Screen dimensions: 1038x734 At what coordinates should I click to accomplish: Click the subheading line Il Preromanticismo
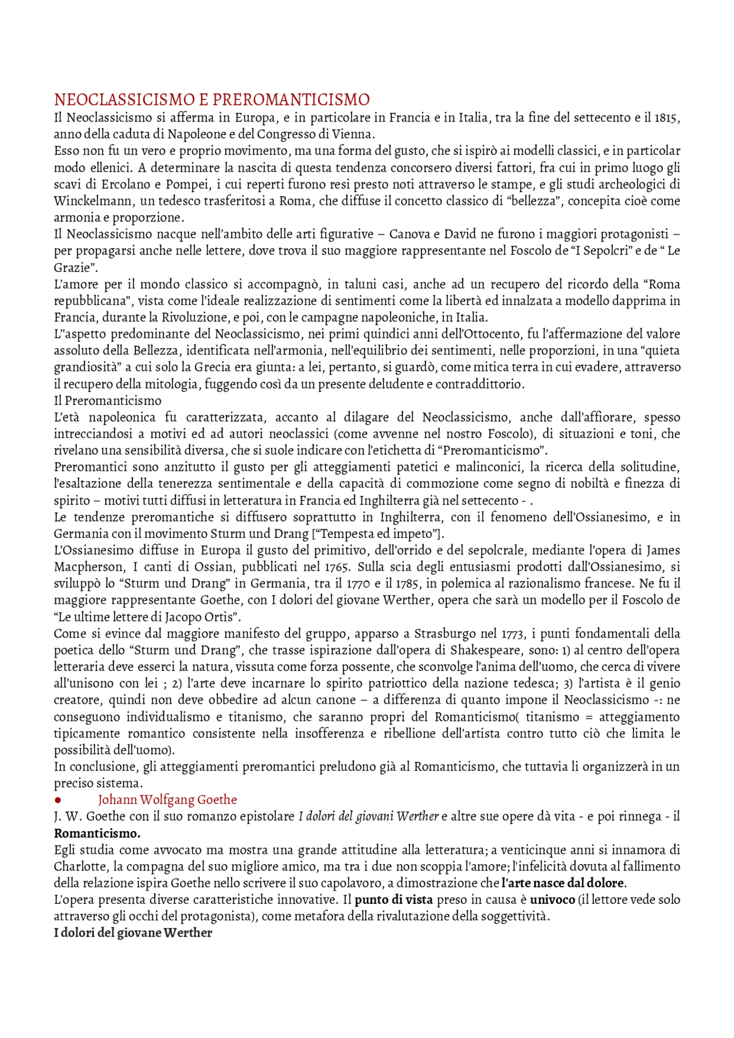point(108,401)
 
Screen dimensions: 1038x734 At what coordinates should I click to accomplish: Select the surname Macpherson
point(88,567)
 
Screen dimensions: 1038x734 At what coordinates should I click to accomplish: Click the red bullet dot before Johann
point(58,800)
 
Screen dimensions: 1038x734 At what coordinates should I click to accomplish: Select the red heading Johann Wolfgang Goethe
point(167,800)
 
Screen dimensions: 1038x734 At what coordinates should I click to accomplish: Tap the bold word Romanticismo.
point(97,833)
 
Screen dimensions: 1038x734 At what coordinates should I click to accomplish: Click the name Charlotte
point(77,867)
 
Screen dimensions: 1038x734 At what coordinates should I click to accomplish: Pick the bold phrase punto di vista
point(393,900)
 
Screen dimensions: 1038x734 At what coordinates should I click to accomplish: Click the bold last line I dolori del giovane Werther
point(133,933)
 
